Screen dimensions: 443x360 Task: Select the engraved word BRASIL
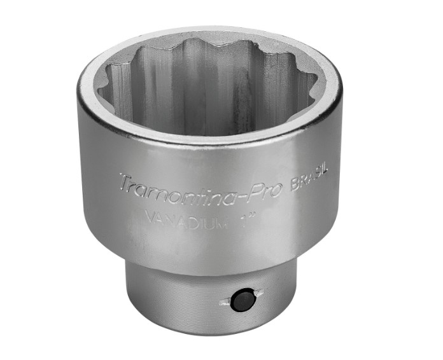309,180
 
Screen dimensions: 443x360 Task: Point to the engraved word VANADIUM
187,219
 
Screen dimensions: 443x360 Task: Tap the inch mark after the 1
252,216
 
